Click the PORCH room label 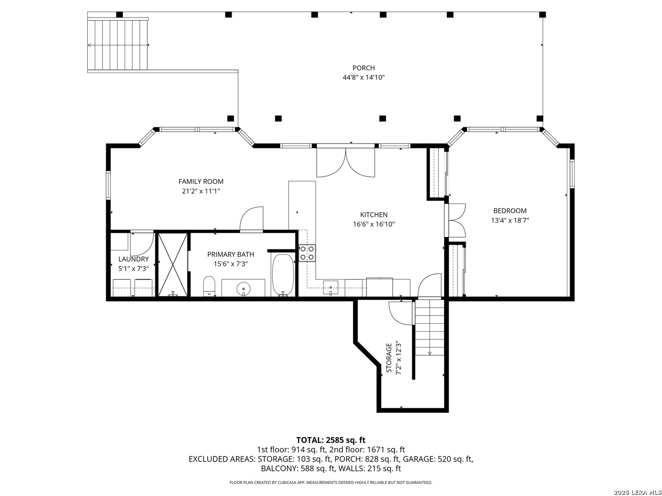364,68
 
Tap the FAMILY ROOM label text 201,181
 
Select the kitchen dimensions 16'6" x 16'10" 374,224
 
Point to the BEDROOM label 510,211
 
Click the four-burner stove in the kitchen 307,253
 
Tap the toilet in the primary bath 209,287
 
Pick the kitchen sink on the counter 331,287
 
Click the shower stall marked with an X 173,265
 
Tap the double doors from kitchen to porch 346,162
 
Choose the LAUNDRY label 133,259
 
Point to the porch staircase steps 118,45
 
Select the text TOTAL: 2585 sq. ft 331,440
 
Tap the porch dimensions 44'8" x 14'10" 364,78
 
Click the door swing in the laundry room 142,244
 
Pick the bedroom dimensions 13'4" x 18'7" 510,220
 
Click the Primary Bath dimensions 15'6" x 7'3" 231,264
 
